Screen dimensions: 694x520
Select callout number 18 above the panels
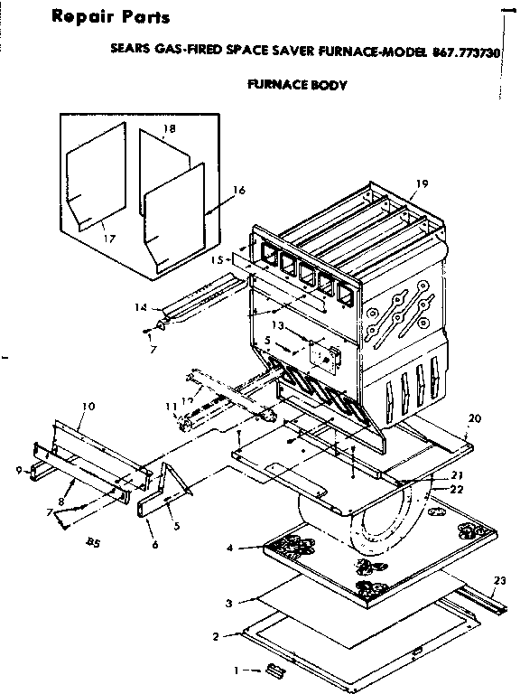pyautogui.click(x=169, y=129)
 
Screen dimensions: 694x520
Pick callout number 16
pyautogui.click(x=239, y=190)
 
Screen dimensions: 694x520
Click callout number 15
pyautogui.click(x=217, y=259)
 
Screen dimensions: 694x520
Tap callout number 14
pyautogui.click(x=140, y=307)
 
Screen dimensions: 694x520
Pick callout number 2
pyautogui.click(x=215, y=636)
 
